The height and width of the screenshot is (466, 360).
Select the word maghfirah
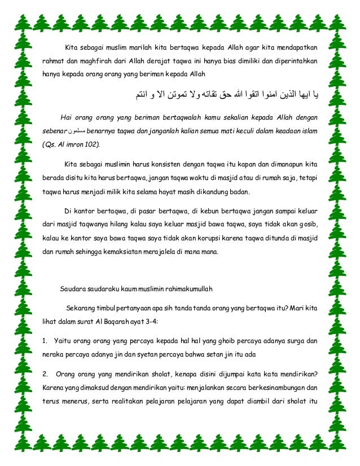tap(90, 60)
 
